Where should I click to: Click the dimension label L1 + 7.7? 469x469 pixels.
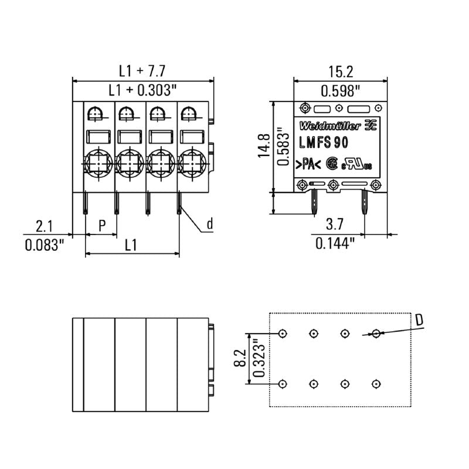point(142,71)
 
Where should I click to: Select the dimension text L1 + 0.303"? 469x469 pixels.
point(142,90)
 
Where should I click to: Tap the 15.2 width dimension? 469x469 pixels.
point(340,72)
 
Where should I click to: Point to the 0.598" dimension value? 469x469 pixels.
point(340,91)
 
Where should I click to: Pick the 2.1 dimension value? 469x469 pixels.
point(44,226)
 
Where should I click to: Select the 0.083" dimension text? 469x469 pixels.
point(44,244)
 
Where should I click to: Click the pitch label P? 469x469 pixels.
point(101,226)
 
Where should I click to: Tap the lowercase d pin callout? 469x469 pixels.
point(209,224)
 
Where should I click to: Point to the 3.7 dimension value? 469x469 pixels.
point(334,224)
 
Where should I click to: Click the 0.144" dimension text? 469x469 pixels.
point(335,243)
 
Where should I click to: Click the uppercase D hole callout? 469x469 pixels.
point(419,320)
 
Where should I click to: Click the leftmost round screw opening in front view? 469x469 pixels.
point(96,160)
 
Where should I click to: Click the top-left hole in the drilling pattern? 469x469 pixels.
point(283,334)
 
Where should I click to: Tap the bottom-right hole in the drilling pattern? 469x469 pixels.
point(375,384)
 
